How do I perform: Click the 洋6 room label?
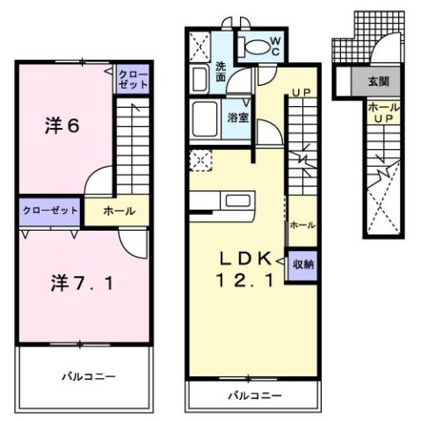point(62,125)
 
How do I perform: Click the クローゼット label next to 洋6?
point(132,80)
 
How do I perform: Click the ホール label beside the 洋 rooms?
point(119,211)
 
